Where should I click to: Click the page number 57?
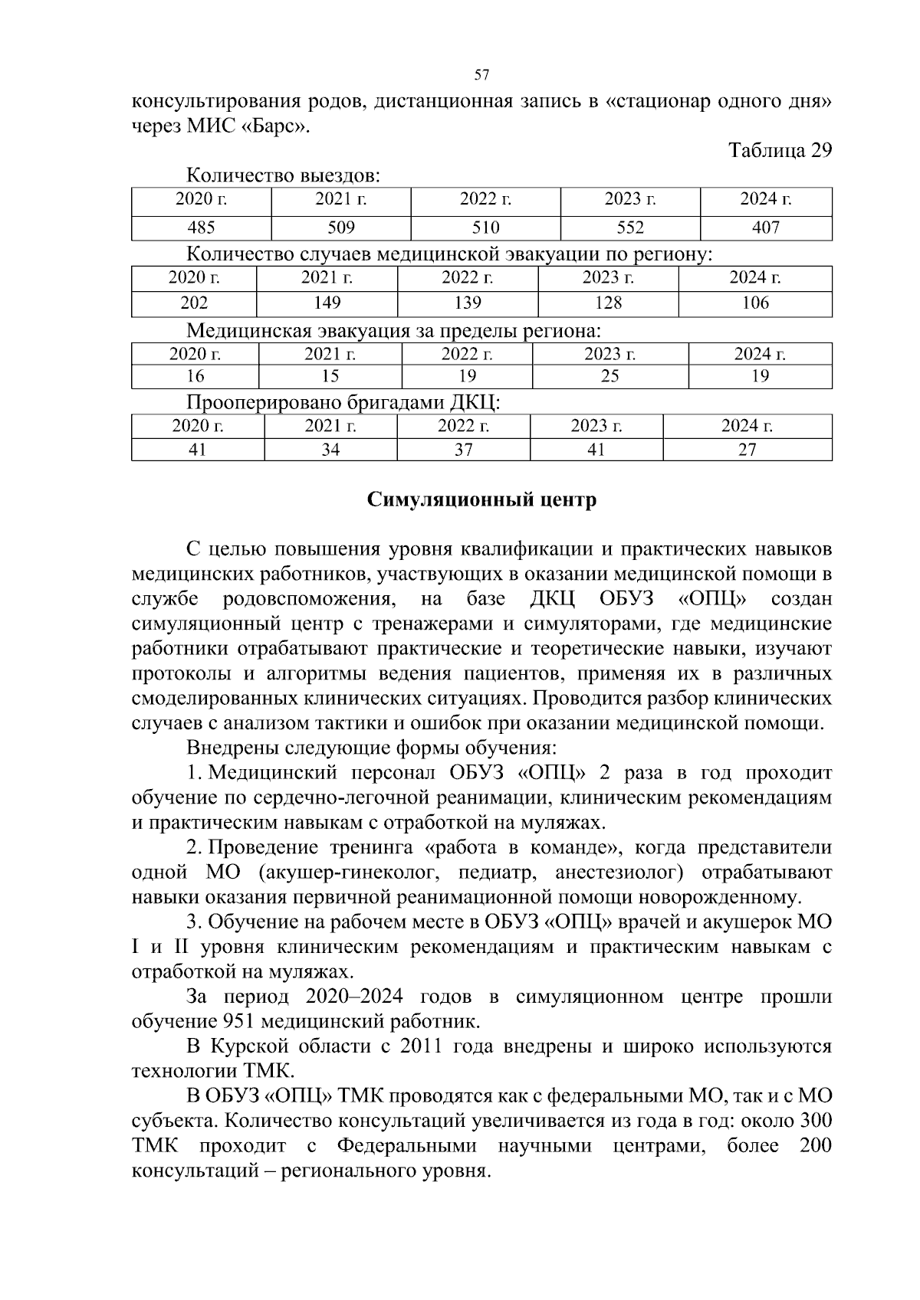481,74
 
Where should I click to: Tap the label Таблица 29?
780,149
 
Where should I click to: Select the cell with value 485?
201,228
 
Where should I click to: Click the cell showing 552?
630,228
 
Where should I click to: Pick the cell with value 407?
765,228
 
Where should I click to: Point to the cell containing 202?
194,303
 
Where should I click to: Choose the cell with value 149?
327,303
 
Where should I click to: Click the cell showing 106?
755,303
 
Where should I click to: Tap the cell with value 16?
195,375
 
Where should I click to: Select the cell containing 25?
610,375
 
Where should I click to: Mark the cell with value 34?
330,449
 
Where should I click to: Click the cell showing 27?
747,449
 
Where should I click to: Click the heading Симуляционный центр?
481,500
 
